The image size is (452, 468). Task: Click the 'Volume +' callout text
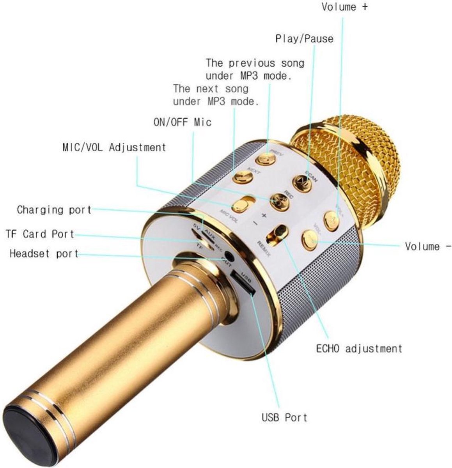344,7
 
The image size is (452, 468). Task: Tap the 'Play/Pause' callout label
304,39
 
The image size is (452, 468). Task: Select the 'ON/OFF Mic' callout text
182,122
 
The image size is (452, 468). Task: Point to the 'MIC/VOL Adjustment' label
114,147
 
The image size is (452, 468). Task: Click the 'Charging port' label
54,210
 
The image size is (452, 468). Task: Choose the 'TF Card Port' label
40,234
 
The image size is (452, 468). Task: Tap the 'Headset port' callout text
44,254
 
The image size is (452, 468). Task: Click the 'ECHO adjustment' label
359,348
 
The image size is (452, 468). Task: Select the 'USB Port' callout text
284,417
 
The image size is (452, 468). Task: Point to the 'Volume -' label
428,246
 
